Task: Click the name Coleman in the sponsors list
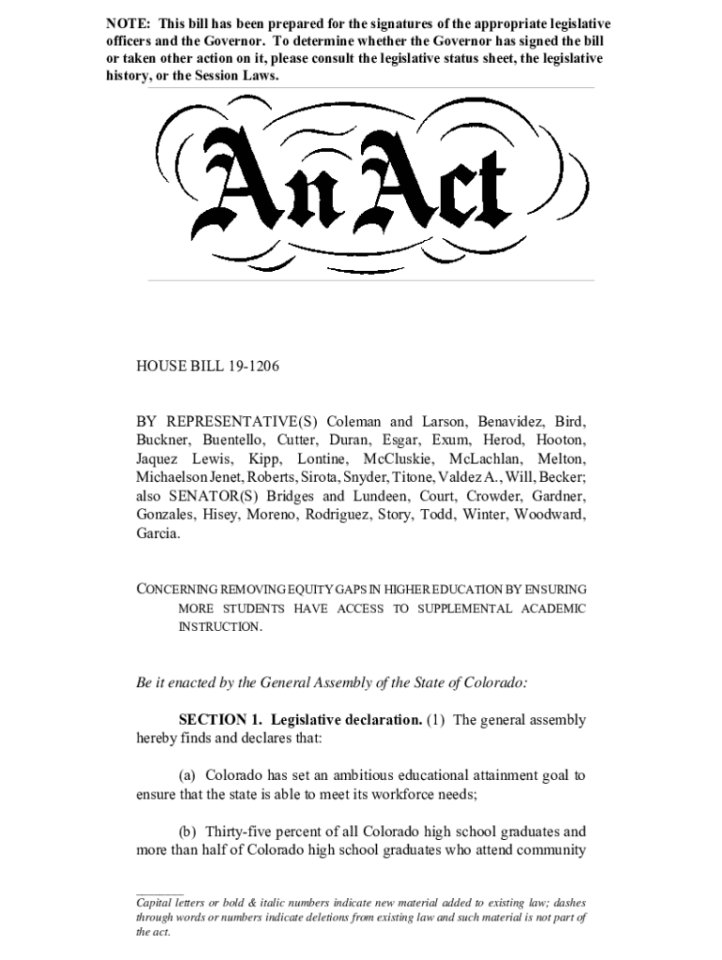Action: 354,421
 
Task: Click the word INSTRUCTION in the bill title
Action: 219,626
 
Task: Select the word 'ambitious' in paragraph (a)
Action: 365,776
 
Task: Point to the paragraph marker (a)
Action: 188,776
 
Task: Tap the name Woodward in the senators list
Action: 550,515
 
